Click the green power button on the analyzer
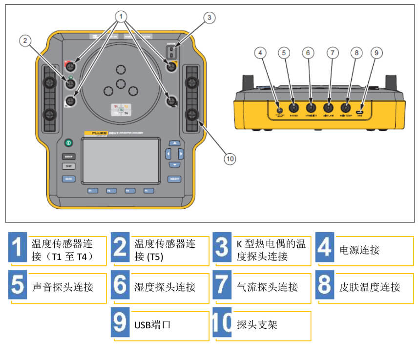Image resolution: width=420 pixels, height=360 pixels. click(x=68, y=144)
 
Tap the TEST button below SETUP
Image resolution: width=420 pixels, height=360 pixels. click(x=68, y=166)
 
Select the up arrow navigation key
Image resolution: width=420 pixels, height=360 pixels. click(x=174, y=143)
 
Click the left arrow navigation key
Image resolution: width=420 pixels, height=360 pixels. click(x=168, y=154)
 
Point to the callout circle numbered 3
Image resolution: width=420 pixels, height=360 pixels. click(x=209, y=18)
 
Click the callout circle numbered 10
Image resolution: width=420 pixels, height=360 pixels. click(x=230, y=158)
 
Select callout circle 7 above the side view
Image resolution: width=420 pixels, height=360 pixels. click(x=333, y=53)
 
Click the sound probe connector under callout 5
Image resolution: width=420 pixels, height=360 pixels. click(x=294, y=109)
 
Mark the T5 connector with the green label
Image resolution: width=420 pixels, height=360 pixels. click(x=71, y=83)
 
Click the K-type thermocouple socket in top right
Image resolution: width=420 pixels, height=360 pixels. click(x=171, y=52)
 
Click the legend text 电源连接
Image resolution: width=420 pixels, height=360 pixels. click(x=359, y=250)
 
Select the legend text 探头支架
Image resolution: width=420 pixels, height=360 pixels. click(x=257, y=324)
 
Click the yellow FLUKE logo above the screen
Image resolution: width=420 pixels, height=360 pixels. click(x=95, y=133)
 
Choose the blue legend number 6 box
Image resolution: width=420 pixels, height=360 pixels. click(x=120, y=286)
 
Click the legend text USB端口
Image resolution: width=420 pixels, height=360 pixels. click(x=152, y=324)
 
